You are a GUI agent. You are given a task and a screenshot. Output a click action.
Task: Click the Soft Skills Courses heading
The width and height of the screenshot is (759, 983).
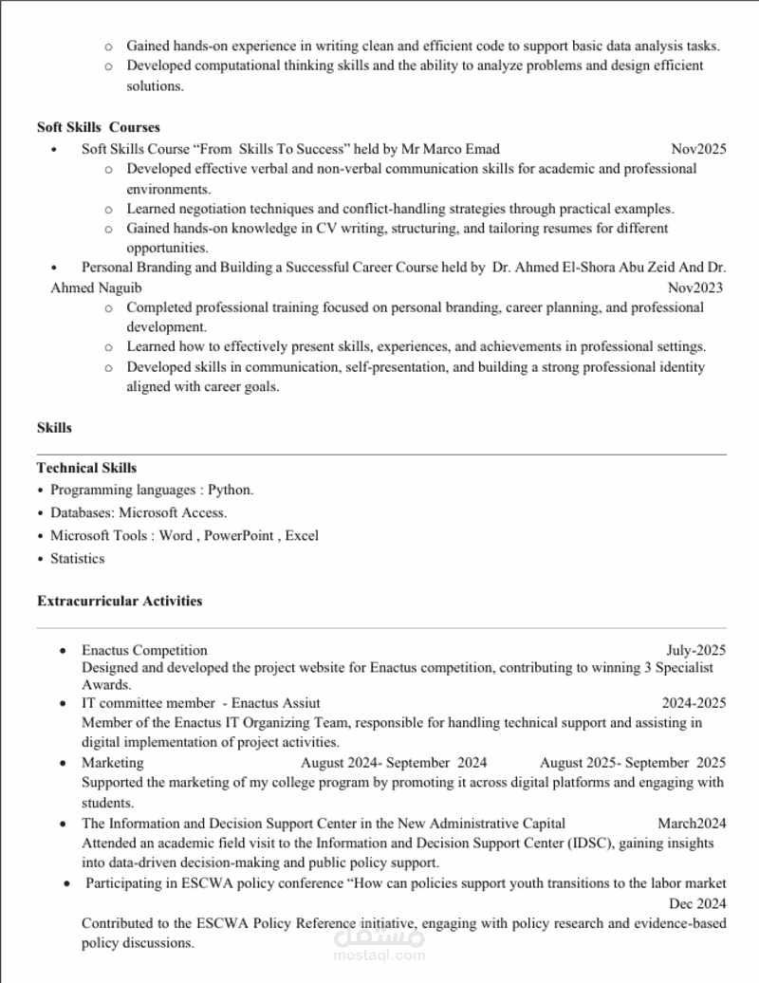click(x=99, y=127)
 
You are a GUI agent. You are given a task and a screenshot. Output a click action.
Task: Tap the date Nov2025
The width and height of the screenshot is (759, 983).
click(x=698, y=149)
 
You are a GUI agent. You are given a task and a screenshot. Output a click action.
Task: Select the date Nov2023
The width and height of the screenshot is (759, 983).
click(x=695, y=287)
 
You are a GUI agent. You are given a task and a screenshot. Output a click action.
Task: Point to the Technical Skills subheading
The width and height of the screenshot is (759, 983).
click(x=86, y=468)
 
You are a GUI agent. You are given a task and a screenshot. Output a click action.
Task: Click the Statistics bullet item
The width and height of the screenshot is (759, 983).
click(x=77, y=559)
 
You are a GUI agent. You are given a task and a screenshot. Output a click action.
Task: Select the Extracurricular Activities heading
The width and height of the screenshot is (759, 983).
click(x=120, y=601)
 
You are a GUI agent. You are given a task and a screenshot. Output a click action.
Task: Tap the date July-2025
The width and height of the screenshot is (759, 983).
click(x=696, y=650)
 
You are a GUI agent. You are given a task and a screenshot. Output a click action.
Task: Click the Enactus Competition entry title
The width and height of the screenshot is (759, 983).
click(x=144, y=650)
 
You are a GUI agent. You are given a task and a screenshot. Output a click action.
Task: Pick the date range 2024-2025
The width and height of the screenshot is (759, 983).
click(x=694, y=703)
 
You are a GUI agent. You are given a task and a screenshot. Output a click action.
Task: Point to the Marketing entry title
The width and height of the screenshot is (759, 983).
click(x=113, y=762)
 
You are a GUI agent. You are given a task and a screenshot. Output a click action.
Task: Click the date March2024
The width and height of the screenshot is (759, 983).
click(x=692, y=823)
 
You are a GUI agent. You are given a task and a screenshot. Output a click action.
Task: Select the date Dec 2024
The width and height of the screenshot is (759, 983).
click(x=697, y=902)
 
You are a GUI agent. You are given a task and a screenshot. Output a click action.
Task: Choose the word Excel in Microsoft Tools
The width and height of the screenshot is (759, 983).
click(x=302, y=536)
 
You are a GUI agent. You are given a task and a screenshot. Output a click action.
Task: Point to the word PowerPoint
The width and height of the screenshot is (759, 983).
click(x=238, y=536)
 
